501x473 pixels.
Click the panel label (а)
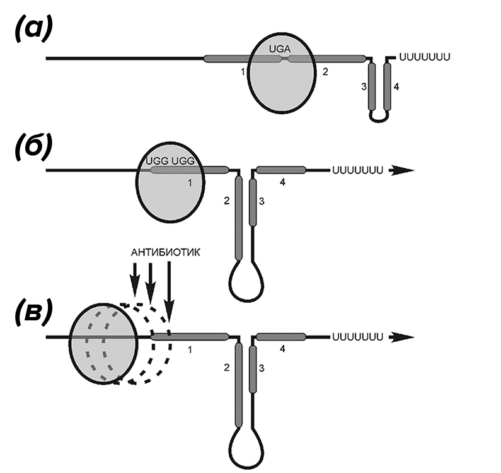33,30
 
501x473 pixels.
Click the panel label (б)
33,149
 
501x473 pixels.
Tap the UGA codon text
280,49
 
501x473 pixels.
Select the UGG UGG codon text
170,161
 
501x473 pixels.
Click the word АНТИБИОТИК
166,252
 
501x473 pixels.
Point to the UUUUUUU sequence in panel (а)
425,57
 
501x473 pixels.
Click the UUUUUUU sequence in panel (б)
357,170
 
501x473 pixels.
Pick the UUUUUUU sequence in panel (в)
357,337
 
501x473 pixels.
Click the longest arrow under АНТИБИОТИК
169,291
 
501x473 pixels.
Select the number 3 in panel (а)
364,86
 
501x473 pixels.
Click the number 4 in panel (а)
396,86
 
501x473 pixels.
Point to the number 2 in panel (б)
226,201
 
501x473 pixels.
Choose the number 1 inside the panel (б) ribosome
190,183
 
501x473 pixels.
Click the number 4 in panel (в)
282,349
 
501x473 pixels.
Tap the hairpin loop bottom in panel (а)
379,120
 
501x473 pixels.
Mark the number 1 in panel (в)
190,350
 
